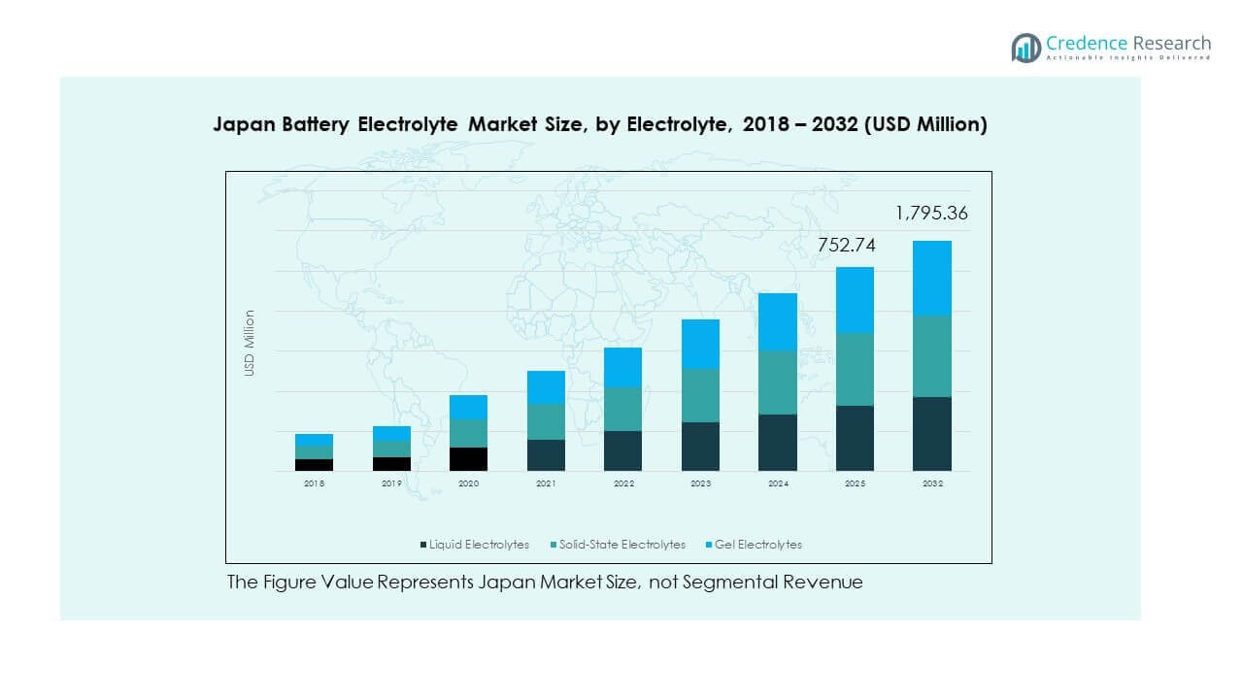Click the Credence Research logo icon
click(1025, 48)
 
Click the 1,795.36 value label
click(931, 214)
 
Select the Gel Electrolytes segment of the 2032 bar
click(931, 278)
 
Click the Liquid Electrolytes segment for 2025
click(855, 438)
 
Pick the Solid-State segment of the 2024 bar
click(777, 382)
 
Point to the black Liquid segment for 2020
click(468, 458)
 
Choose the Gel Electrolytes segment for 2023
click(700, 344)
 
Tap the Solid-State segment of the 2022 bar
click(622, 409)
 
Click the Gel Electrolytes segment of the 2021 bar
click(546, 386)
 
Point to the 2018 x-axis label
click(314, 483)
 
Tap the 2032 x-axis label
click(931, 483)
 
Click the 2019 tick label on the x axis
click(391, 483)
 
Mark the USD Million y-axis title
click(250, 343)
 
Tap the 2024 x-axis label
click(777, 483)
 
